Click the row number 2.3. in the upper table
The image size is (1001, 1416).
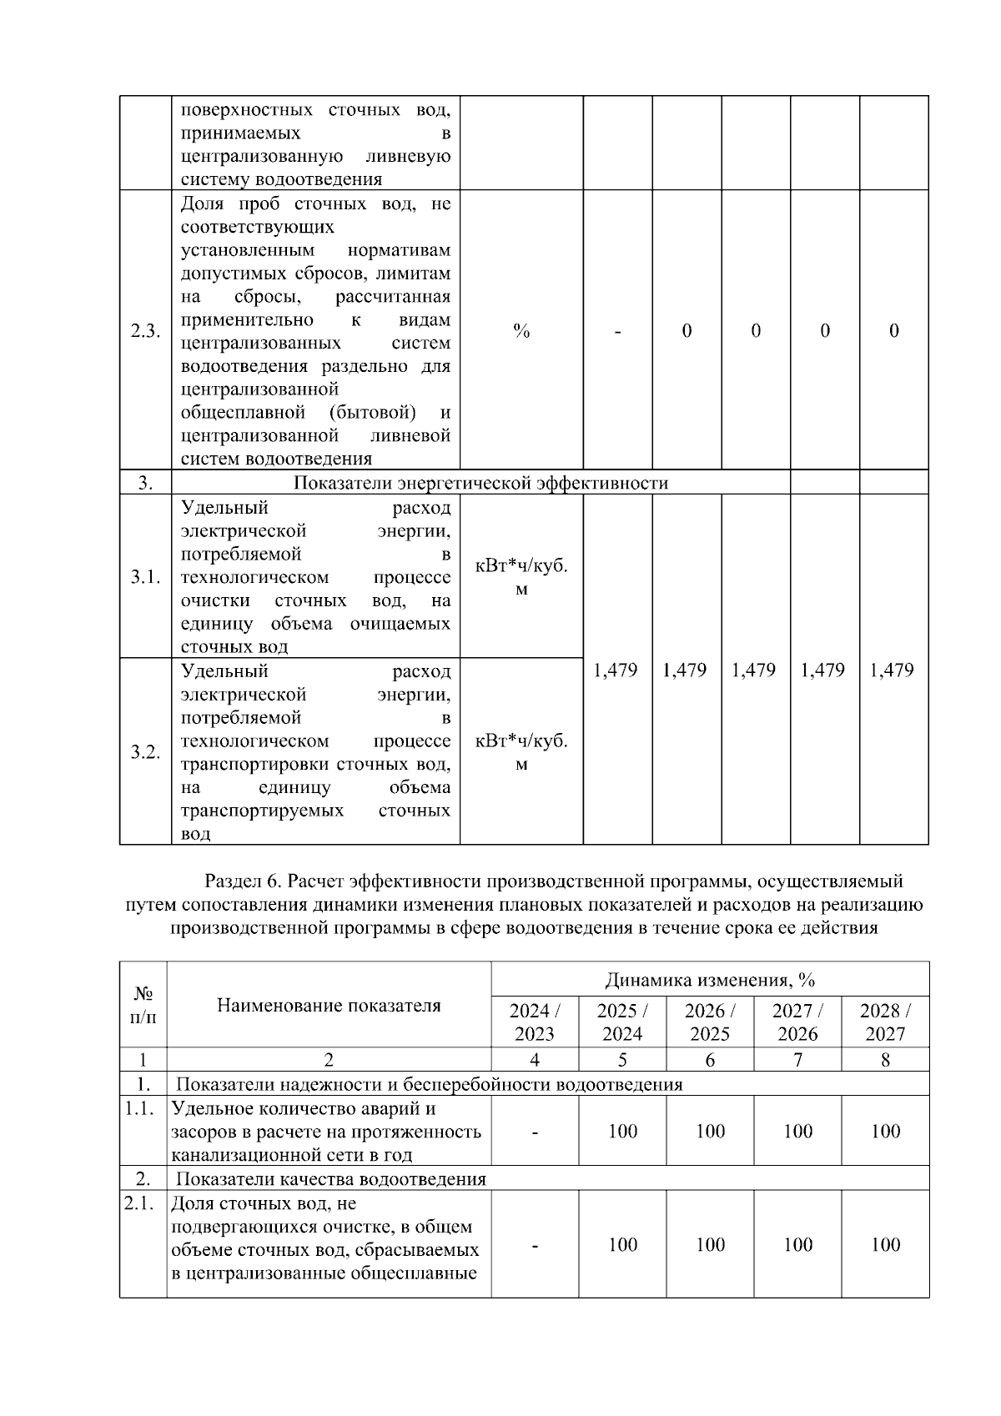145,331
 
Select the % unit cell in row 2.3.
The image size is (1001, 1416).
521,331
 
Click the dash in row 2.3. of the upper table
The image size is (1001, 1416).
617,331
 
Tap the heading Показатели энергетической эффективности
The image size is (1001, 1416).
480,483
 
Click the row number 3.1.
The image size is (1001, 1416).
145,577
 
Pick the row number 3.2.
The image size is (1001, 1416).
145,752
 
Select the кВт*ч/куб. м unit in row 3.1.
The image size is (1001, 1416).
521,577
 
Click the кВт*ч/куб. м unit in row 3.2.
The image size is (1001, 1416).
521,752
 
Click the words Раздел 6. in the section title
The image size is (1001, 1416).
234,881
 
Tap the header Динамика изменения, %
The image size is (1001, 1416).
710,979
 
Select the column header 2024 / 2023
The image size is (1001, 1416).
535,1022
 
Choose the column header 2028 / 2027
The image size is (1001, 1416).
885,1022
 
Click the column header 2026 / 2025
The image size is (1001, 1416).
710,1022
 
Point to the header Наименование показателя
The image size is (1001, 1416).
329,1005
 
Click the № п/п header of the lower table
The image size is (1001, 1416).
143,1005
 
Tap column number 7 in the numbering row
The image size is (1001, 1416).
797,1060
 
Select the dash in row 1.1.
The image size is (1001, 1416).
535,1132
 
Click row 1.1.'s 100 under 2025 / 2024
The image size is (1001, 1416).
622,1132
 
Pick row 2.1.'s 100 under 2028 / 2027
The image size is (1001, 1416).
885,1244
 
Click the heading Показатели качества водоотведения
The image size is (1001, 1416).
330,1178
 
